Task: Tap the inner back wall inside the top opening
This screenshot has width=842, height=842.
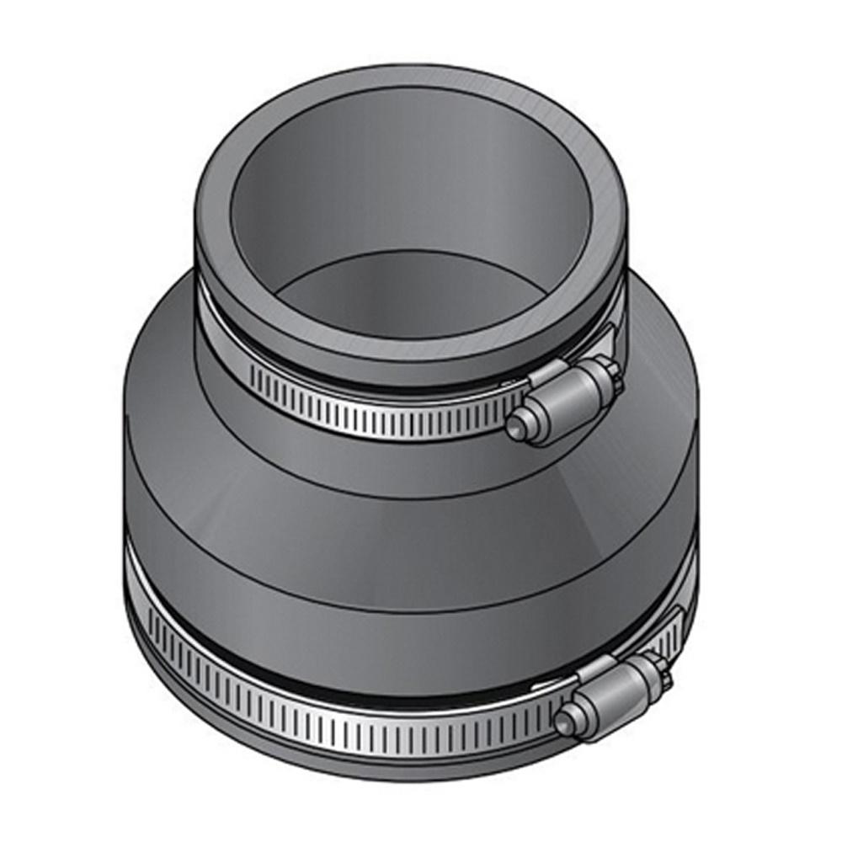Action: (x=404, y=185)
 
